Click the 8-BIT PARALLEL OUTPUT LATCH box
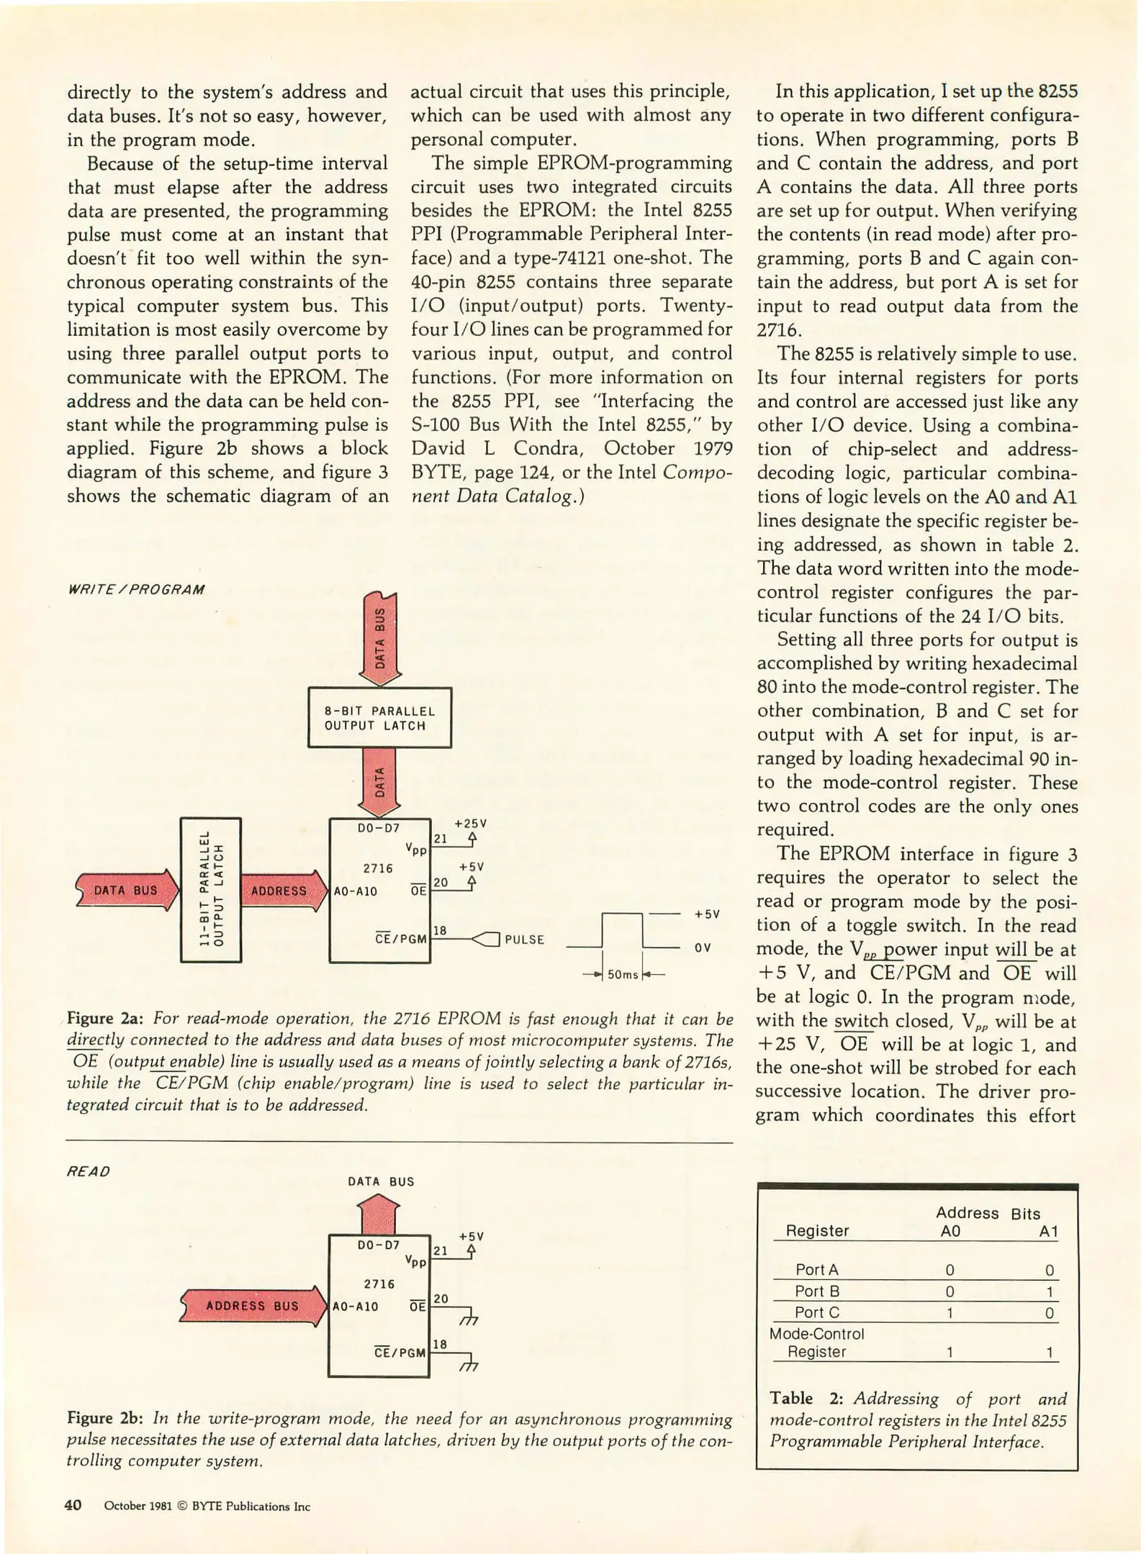379,718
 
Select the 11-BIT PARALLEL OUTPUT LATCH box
210,889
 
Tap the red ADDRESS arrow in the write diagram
280,891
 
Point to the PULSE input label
524,940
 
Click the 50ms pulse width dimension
623,975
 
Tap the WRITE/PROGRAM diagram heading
135,590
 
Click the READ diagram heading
89,1171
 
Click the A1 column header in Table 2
1048,1231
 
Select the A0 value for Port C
950,1313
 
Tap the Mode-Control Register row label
816,1342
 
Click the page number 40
73,1505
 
